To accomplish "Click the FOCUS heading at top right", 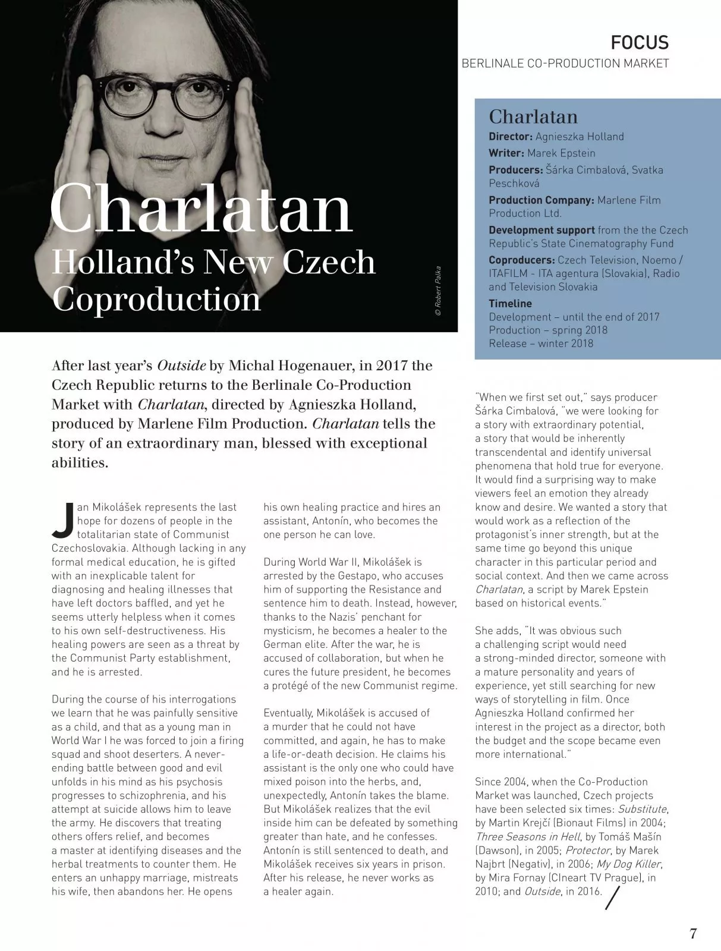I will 640,43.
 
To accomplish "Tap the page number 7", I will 692,933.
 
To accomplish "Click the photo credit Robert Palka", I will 438,291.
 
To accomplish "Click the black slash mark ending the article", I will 612,898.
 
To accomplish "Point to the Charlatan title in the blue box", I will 533,116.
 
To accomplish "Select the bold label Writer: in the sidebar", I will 506,153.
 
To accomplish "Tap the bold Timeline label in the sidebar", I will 510,304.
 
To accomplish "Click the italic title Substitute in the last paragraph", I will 642,809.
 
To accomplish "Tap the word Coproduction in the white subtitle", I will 156,299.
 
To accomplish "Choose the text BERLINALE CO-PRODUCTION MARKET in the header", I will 565,64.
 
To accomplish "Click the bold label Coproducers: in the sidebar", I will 522,260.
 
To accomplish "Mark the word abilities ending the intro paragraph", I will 80,462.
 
